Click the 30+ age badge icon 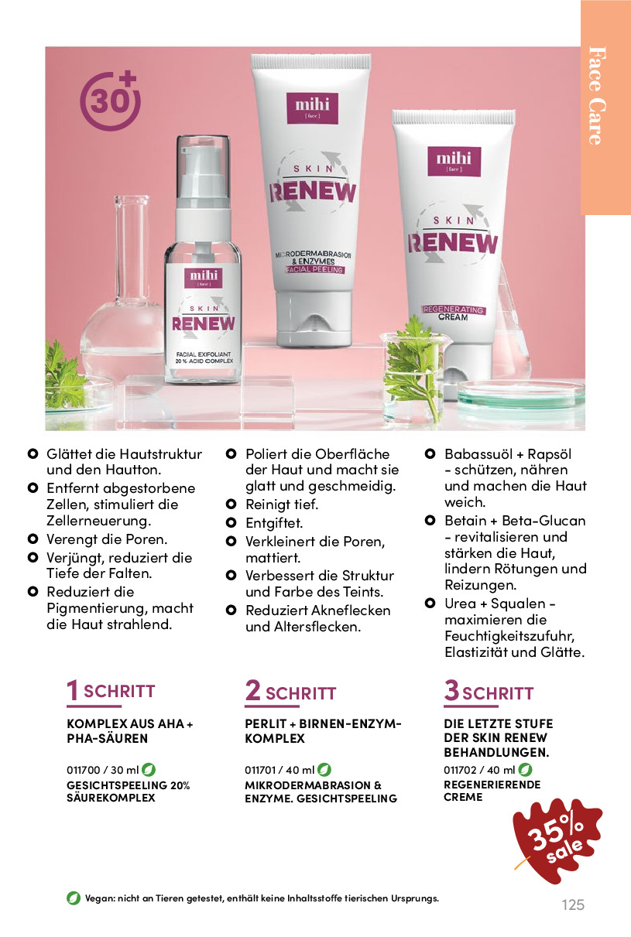coord(110,101)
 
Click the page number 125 coord(573,905)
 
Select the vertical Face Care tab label coord(597,95)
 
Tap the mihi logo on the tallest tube coord(313,108)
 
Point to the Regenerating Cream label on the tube coord(453,313)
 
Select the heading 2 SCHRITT coord(290,692)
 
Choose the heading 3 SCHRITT coord(489,692)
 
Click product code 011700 coord(84,770)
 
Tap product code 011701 coord(260,770)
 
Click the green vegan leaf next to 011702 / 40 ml coord(525,769)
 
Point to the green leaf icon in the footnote coord(74,898)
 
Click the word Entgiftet coord(274,523)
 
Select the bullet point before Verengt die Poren coord(33,539)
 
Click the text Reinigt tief coord(282,504)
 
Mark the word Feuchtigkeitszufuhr coord(509,636)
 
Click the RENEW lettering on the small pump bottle coord(204,323)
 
